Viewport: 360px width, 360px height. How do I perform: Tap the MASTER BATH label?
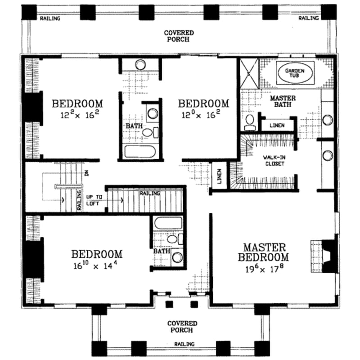click(x=282, y=101)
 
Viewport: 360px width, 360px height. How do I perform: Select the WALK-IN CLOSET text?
click(x=274, y=161)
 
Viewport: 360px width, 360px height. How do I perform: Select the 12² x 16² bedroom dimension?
click(x=77, y=115)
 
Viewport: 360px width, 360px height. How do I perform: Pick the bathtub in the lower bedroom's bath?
click(x=167, y=224)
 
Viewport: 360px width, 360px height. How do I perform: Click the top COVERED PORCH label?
click(x=179, y=36)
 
